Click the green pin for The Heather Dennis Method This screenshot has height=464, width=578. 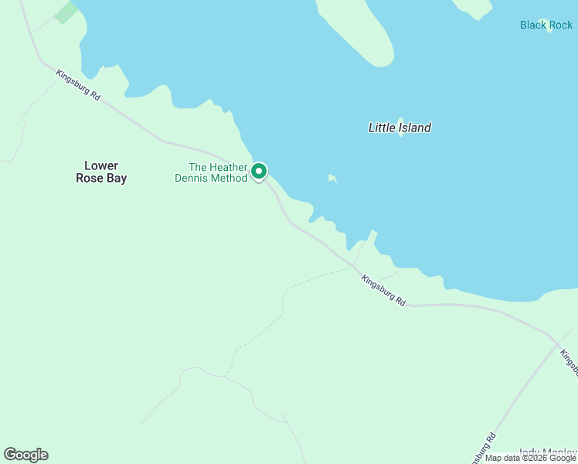click(259, 171)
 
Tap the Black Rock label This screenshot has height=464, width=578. click(546, 26)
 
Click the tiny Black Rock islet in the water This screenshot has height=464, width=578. click(546, 22)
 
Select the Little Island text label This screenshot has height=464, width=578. click(399, 128)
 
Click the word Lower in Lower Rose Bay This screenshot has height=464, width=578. click(101, 165)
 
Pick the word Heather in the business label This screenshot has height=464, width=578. click(229, 167)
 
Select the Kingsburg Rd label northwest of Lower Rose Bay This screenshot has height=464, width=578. click(79, 86)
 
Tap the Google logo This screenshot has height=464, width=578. click(25, 455)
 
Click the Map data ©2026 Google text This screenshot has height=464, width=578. click(530, 458)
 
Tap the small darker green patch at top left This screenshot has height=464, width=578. click(66, 12)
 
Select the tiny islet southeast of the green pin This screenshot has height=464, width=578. click(331, 179)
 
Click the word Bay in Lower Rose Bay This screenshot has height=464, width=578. click(116, 179)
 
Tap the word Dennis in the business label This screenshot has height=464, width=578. click(192, 179)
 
